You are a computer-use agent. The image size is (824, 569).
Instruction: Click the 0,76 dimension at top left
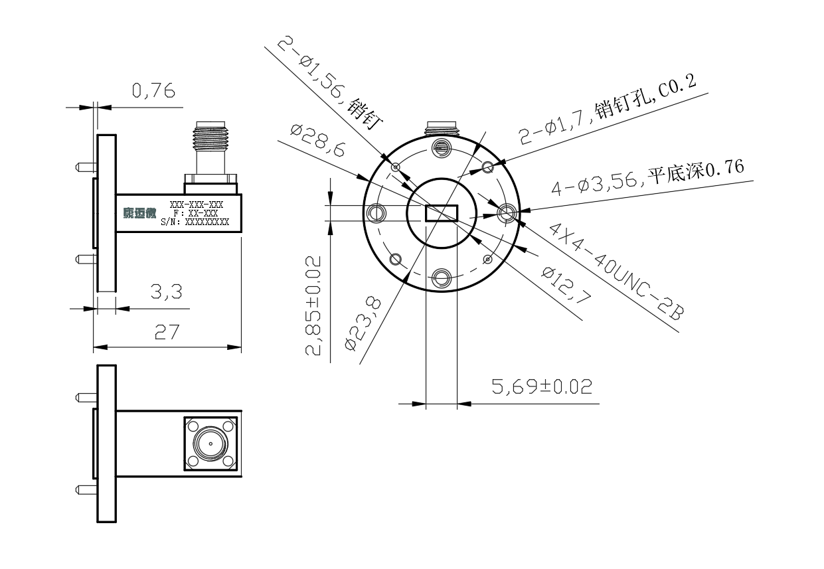click(x=153, y=90)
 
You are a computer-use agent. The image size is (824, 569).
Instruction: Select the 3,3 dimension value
click(x=166, y=291)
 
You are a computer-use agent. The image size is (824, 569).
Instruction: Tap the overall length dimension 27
click(x=167, y=332)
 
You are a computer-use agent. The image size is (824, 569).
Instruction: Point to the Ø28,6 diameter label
click(x=318, y=140)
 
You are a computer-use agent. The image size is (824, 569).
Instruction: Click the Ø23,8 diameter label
click(x=363, y=323)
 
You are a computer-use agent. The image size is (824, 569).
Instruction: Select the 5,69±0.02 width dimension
click(x=542, y=386)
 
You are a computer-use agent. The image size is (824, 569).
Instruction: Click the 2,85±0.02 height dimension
click(x=313, y=305)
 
